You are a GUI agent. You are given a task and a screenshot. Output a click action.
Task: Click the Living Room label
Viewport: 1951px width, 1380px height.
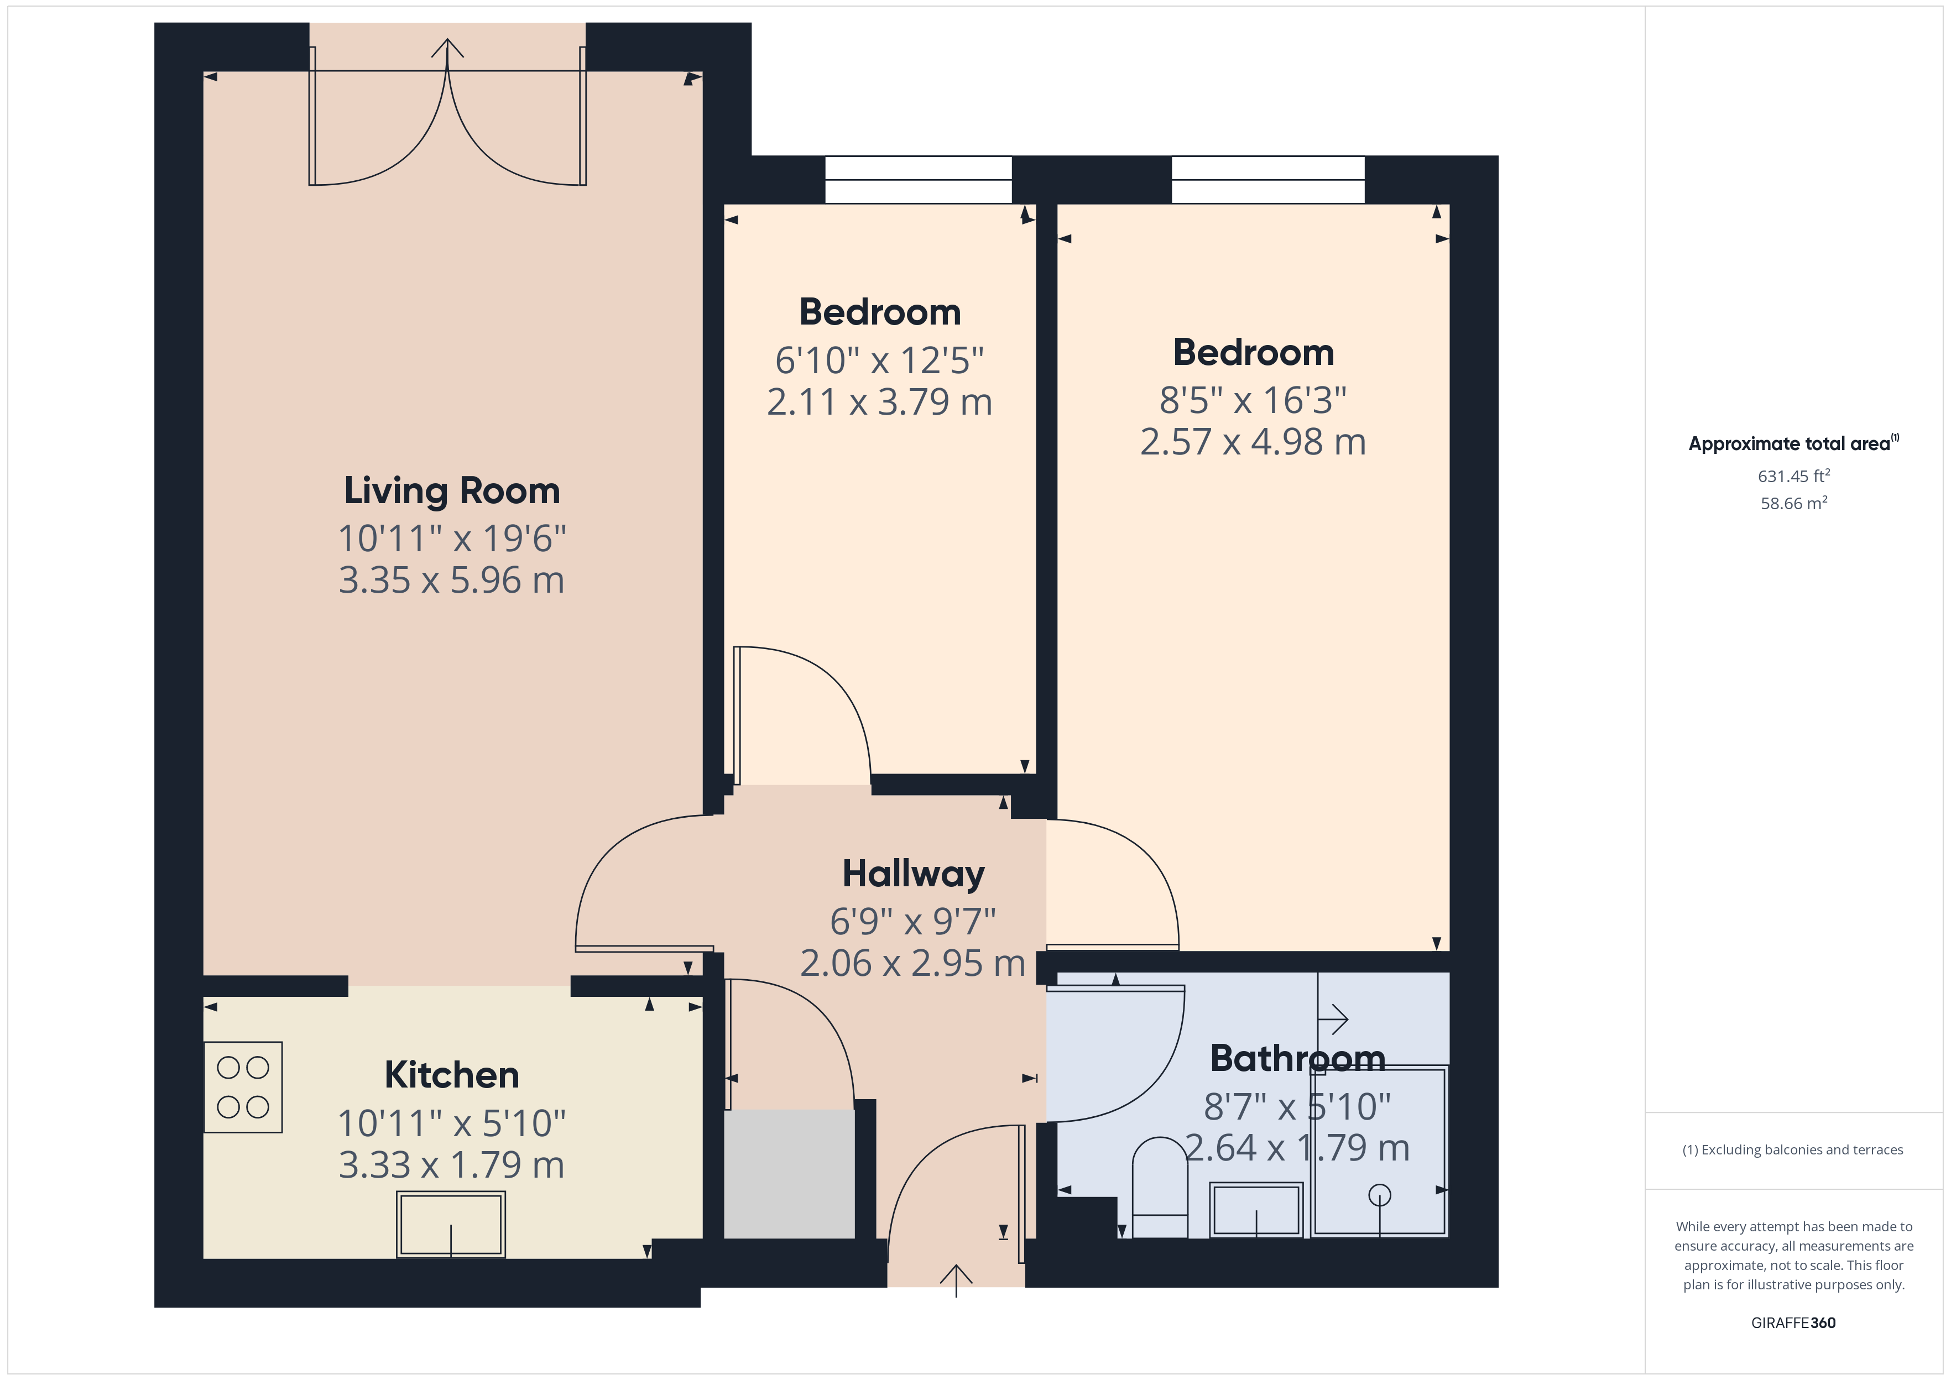451,491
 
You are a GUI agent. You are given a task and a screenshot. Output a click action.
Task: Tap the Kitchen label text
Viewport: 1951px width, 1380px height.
451,1075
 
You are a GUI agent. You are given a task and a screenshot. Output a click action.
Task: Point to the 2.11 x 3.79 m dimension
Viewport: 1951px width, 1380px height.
879,402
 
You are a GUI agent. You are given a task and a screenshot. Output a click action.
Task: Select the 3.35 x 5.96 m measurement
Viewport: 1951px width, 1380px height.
451,581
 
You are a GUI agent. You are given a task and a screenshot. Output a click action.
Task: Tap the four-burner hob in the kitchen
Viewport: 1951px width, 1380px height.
243,1087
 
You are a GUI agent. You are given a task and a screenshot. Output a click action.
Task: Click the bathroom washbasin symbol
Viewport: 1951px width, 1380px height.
1256,1209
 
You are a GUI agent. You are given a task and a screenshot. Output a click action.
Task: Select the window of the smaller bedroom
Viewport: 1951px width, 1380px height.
918,179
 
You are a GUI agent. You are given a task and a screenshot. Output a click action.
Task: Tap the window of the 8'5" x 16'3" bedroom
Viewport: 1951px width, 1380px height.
1268,179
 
